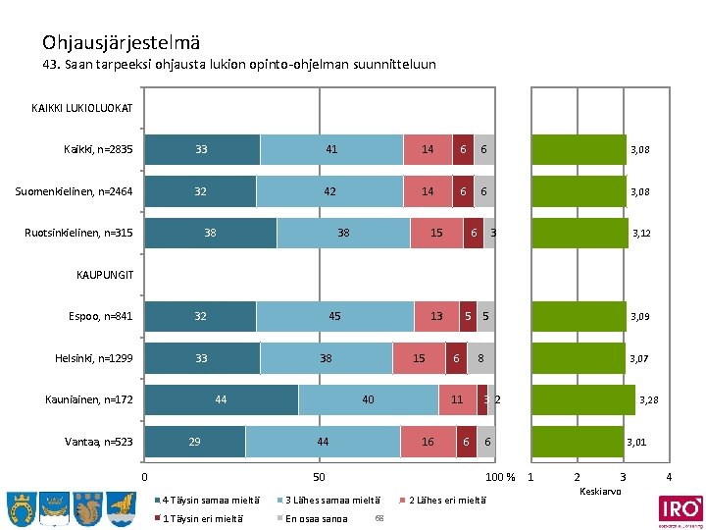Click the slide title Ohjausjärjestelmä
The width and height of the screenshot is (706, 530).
[x=122, y=42]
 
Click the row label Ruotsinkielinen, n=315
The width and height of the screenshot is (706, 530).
[x=78, y=234]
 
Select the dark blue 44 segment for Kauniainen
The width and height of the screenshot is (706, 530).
[x=221, y=400]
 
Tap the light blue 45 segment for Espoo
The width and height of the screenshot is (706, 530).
[x=334, y=317]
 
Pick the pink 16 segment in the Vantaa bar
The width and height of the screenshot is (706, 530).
[x=428, y=443]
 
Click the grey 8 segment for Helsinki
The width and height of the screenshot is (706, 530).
[x=480, y=359]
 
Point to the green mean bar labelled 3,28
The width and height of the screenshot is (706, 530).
[x=582, y=400]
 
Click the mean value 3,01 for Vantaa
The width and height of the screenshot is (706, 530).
[x=636, y=443]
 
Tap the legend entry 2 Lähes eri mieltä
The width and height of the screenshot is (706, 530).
[x=446, y=500]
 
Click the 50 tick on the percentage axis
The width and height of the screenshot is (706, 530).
[x=319, y=477]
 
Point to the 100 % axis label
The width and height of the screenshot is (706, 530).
[x=501, y=477]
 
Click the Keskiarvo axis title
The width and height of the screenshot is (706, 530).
[x=600, y=490]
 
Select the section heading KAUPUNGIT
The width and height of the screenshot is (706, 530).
[x=105, y=275]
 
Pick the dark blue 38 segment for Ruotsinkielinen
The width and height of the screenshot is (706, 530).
[x=210, y=234]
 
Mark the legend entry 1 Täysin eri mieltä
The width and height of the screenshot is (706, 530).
[x=204, y=517]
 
